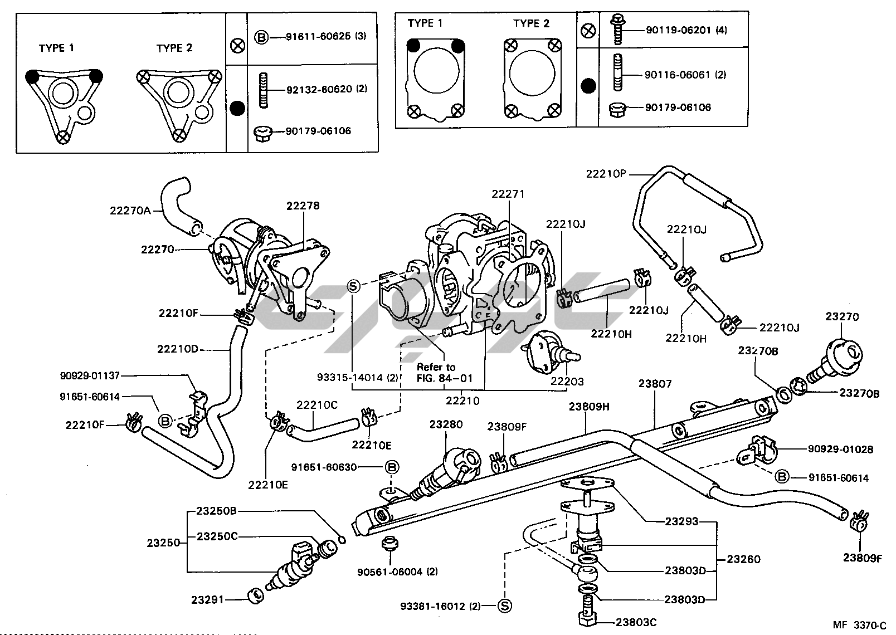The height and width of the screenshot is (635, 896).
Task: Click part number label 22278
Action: point(303,206)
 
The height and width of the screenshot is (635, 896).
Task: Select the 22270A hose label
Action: point(130,210)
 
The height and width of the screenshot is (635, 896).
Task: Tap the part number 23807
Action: point(655,383)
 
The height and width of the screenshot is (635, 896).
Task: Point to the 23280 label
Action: point(446,424)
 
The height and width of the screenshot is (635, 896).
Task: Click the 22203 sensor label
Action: point(567,382)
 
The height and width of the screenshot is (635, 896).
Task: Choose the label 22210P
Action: point(606,173)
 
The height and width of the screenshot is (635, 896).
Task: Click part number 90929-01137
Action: point(90,377)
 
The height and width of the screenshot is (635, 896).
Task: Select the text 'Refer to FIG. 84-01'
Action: point(445,373)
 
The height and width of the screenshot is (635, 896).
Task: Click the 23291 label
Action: point(207,600)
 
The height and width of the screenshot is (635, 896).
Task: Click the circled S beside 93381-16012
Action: point(504,606)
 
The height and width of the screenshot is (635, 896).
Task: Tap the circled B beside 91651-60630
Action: point(392,467)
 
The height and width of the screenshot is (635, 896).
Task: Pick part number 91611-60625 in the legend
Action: point(318,37)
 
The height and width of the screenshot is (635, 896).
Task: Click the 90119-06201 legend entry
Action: point(679,30)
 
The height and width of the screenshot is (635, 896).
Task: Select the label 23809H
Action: point(589,407)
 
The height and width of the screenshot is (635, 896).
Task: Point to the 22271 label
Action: point(508,194)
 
